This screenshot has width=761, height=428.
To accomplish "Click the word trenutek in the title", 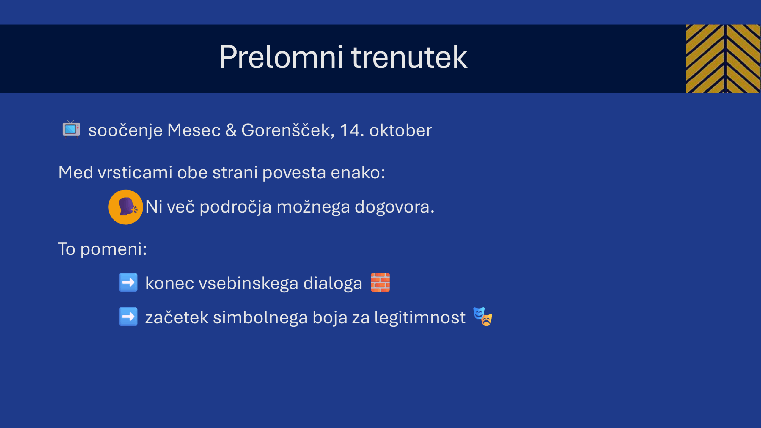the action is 409,57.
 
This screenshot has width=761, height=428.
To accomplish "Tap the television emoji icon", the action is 71,129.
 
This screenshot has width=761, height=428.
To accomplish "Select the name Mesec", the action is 194,130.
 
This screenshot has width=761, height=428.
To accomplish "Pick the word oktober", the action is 400,130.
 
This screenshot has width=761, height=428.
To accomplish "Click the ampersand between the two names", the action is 231,130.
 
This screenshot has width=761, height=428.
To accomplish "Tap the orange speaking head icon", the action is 125,207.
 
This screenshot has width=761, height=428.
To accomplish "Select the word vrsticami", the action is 135,172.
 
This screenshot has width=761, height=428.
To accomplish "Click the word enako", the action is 358,172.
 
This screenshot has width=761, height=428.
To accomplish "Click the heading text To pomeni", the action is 103,249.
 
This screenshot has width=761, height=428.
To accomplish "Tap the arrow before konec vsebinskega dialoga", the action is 128,282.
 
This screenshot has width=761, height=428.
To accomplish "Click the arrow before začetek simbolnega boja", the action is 128,317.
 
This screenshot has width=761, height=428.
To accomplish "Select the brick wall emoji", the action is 380,282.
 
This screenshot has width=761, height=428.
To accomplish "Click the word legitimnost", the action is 420,318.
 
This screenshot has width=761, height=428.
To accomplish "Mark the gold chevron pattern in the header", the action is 723,59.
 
